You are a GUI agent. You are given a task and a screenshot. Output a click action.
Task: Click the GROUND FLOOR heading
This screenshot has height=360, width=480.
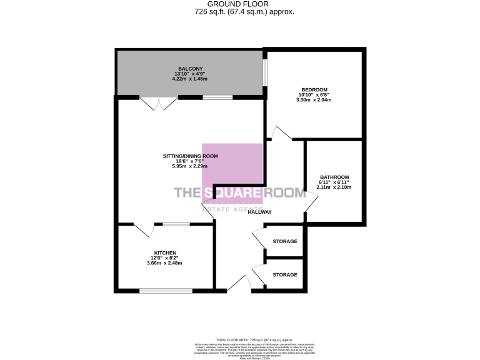240,4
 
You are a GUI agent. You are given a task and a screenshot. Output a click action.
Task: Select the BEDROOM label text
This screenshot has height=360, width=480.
314,89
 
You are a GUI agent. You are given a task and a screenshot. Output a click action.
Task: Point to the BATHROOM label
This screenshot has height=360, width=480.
334,177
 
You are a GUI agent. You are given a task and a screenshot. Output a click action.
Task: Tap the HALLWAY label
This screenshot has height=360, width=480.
259,212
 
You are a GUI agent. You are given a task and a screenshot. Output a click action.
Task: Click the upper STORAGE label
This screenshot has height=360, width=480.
285,241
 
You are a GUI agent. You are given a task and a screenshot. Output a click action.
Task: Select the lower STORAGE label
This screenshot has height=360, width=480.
285,274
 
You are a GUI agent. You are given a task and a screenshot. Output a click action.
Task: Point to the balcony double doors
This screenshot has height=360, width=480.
154,104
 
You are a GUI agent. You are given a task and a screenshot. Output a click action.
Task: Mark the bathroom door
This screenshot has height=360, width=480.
311,203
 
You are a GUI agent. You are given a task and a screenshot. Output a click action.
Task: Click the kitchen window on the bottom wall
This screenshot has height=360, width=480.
166,290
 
